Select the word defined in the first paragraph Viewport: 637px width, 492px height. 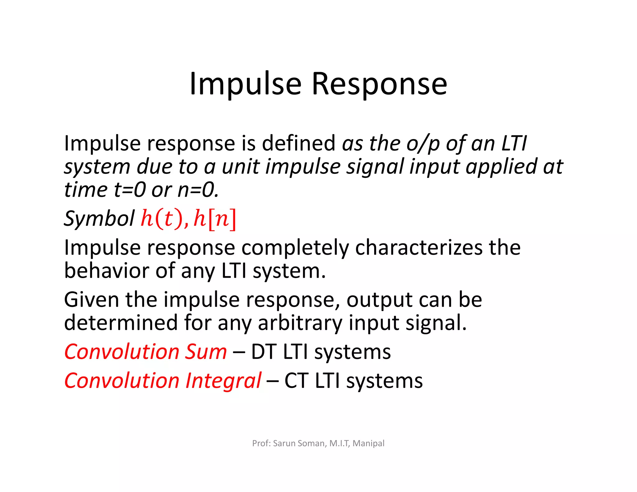[x=298, y=143]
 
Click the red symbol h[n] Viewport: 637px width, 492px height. [x=215, y=218]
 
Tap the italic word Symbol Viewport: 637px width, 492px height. [x=99, y=219]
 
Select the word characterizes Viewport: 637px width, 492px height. [x=419, y=248]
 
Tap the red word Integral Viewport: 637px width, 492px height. [x=223, y=381]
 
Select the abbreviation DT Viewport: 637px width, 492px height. [x=263, y=352]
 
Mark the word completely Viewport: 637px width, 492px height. [x=295, y=248]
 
